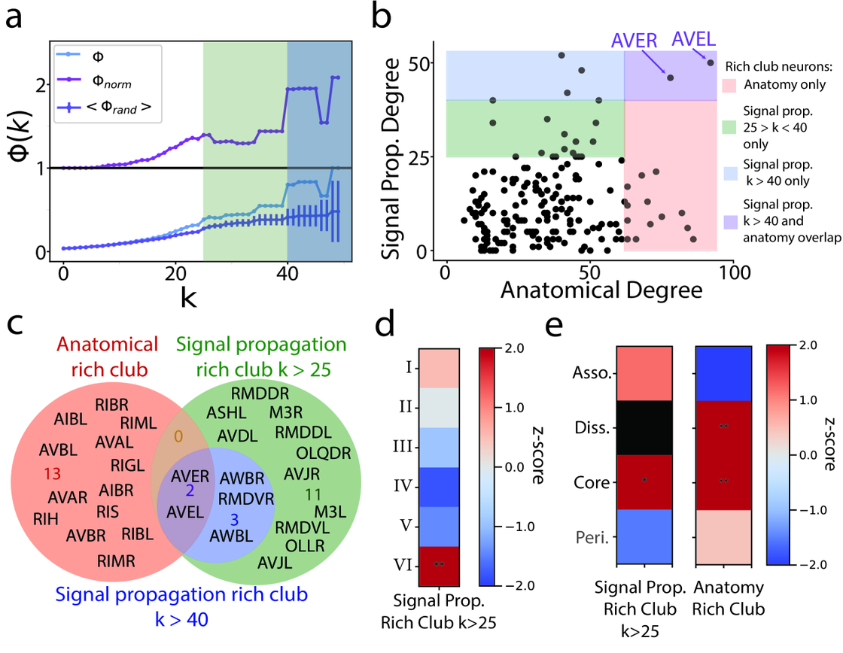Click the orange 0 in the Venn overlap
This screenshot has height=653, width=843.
[x=179, y=436]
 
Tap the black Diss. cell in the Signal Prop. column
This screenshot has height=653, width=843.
[x=645, y=427]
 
